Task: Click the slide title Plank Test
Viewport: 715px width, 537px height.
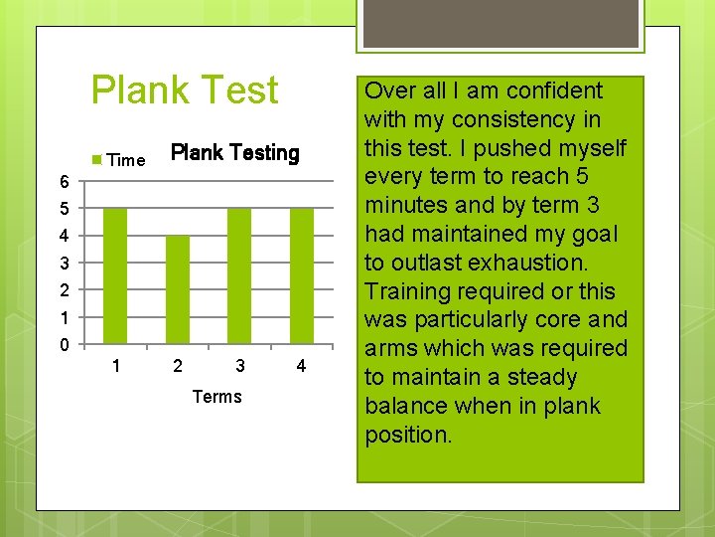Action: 185,90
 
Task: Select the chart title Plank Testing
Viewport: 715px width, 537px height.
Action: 235,153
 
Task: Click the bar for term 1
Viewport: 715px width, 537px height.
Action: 116,275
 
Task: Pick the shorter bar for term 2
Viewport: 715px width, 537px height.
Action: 178,289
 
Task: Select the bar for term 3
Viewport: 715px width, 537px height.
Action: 239,275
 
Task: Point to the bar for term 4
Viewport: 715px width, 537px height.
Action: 302,275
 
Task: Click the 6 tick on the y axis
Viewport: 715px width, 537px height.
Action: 64,182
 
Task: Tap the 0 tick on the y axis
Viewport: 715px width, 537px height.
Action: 64,346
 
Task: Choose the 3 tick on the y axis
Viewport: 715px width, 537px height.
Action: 64,265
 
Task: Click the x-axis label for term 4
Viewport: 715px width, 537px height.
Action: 302,367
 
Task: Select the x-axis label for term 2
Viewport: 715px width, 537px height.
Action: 178,367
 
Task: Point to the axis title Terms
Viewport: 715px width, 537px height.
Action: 217,397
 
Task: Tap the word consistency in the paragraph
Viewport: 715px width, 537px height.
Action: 506,119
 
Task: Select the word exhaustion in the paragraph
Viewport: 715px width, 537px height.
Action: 531,263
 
